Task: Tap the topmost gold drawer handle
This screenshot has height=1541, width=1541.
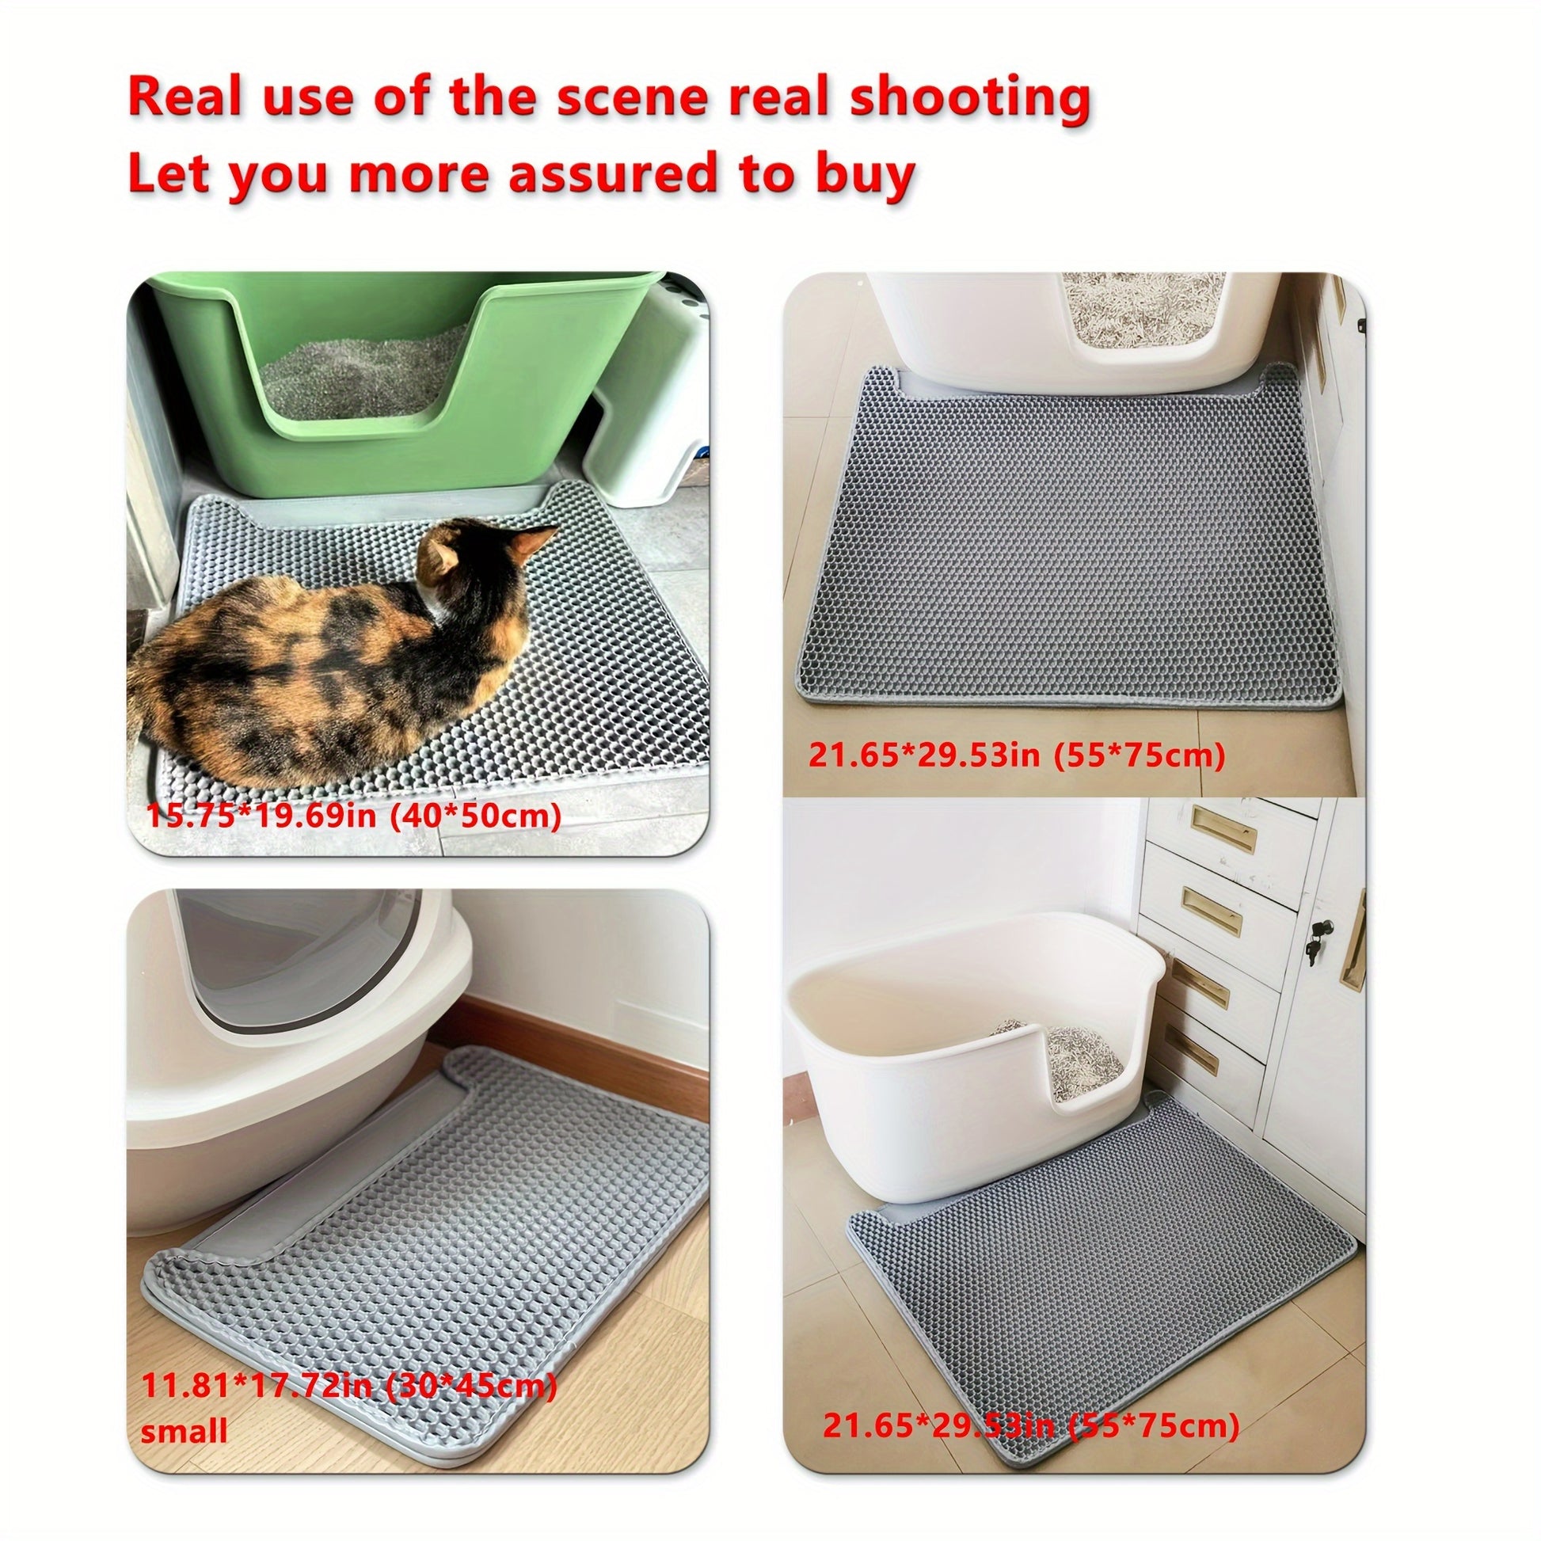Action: coord(1212,828)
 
